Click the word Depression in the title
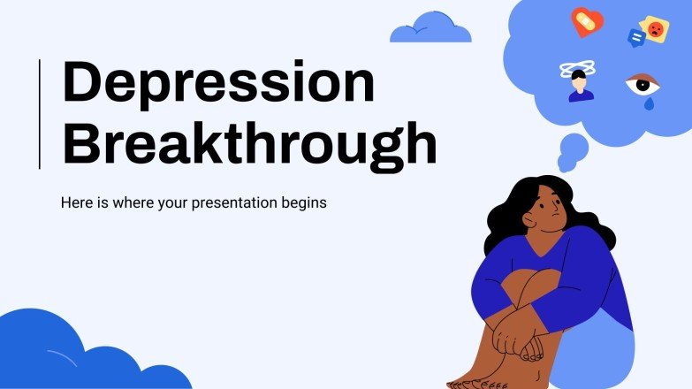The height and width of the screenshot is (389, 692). click(x=217, y=83)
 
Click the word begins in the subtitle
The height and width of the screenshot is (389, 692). click(x=304, y=203)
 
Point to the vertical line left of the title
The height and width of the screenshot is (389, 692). click(x=40, y=113)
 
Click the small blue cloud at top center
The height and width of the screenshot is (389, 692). click(x=430, y=28)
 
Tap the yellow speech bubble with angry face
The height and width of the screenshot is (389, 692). click(x=655, y=28)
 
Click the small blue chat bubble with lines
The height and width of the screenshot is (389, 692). click(x=635, y=38)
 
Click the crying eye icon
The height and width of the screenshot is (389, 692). click(x=643, y=85)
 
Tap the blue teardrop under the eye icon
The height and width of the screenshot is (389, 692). click(x=650, y=103)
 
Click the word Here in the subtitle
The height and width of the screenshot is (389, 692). click(x=76, y=203)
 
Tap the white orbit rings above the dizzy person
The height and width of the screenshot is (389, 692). click(x=580, y=69)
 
